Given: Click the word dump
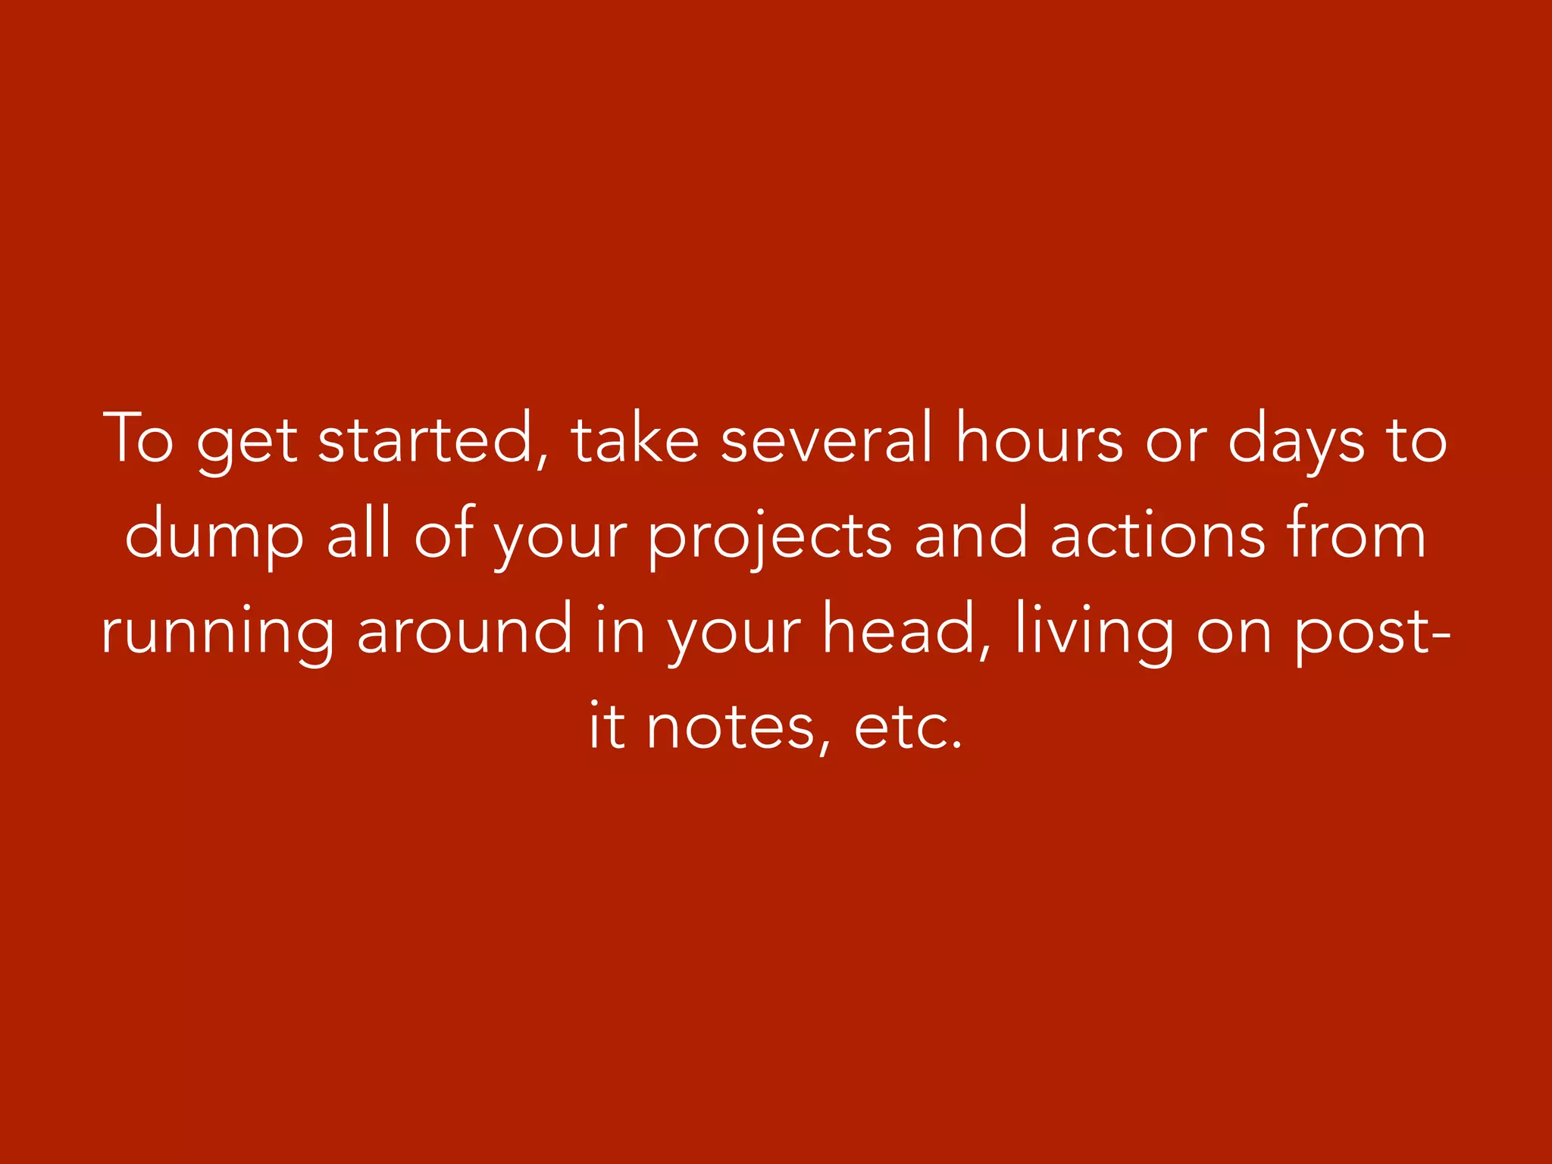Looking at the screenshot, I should click(x=214, y=535).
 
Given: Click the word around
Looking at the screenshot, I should click(x=465, y=630).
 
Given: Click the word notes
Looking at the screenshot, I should click(x=731, y=727).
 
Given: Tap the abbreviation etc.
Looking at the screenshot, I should click(x=908, y=727).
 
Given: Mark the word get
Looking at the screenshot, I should click(x=247, y=443).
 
